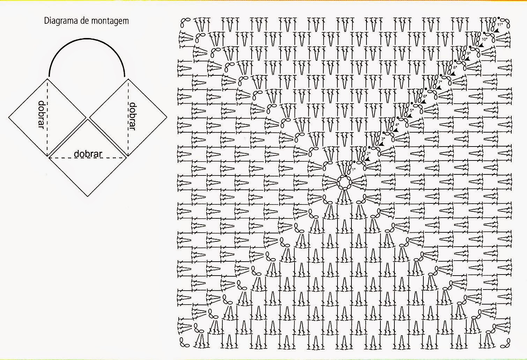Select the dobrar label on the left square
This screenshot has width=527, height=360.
click(42, 115)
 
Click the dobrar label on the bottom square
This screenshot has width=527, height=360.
click(88, 154)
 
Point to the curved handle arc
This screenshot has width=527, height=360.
click(87, 49)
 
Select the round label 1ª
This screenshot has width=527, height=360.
click(353, 169)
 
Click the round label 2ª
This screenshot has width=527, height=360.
click(368, 153)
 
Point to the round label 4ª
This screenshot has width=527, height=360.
click(397, 125)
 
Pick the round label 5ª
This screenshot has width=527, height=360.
click(411, 110)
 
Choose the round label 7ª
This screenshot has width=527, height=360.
click(440, 82)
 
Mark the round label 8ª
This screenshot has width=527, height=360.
click(455, 67)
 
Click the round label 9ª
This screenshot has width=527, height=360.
click(469, 53)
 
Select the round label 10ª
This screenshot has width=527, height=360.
click(484, 39)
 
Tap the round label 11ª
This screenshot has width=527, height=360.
click(499, 24)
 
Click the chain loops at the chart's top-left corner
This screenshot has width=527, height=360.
click(185, 22)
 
